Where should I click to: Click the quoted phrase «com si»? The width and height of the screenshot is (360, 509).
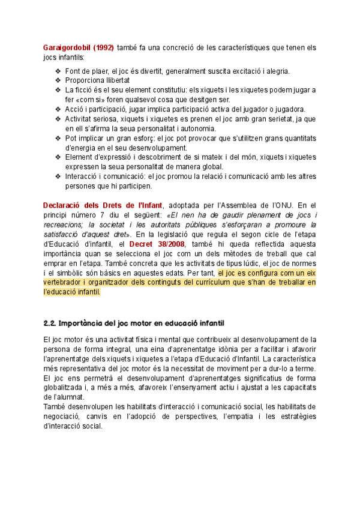pyautogui.click(x=89, y=100)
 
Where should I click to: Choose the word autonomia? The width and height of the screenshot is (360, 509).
pyautogui.click(x=196, y=128)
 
